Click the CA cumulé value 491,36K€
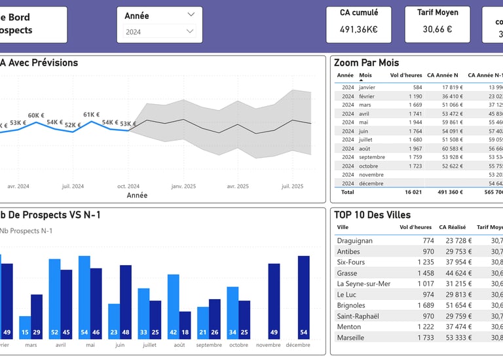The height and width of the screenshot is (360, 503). click(x=358, y=29)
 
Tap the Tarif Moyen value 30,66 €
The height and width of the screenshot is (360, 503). click(x=437, y=29)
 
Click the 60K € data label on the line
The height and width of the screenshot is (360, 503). click(x=36, y=116)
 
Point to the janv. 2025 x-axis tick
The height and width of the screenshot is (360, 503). click(x=184, y=187)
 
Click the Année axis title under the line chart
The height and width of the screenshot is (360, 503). click(x=137, y=195)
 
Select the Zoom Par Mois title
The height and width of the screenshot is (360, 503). click(x=366, y=63)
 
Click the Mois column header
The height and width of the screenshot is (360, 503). click(x=365, y=75)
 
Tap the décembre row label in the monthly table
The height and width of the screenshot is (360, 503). click(x=371, y=184)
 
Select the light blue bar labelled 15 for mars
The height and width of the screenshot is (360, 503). click(x=25, y=327)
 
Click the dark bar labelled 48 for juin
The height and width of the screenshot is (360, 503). click(x=126, y=302)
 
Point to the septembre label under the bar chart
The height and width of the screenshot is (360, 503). click(x=209, y=345)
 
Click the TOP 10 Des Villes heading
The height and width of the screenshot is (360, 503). click(x=372, y=215)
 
